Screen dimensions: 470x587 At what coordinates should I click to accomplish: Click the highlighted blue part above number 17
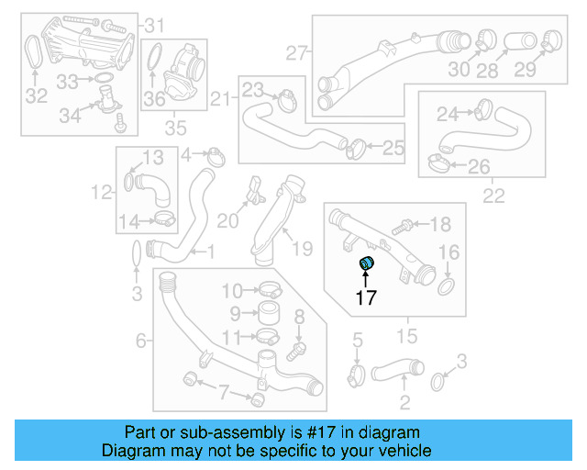367,264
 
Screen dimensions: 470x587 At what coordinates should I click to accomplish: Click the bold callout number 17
367,297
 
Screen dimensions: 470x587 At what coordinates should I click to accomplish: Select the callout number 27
294,53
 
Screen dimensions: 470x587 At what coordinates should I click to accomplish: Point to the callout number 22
493,195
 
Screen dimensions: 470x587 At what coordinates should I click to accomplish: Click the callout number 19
303,247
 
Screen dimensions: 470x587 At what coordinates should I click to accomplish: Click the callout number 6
141,341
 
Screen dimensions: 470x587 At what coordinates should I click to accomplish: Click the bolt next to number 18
402,225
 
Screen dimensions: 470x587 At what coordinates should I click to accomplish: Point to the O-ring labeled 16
446,288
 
